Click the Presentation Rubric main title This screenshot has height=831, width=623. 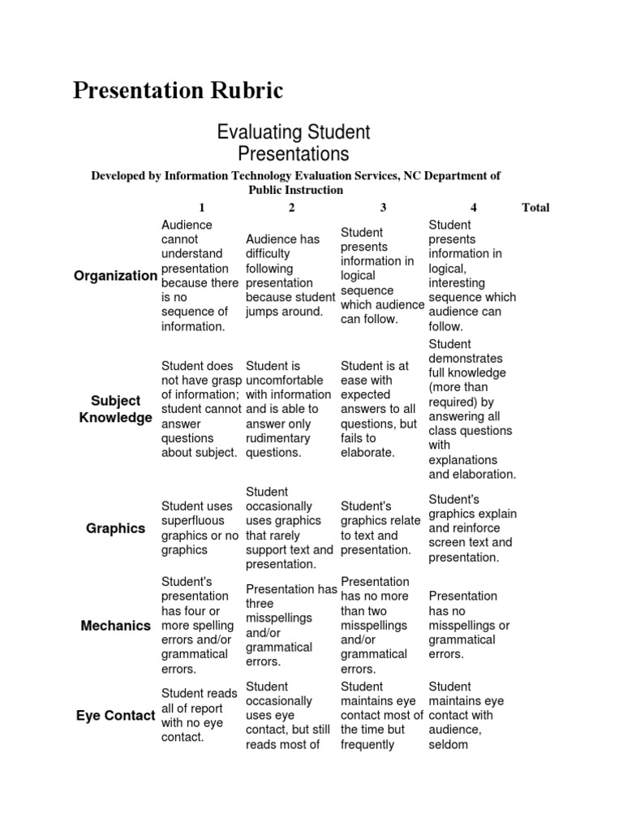178,91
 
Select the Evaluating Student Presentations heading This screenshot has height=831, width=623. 293,142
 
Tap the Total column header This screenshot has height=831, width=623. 535,208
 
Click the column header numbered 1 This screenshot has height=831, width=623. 201,208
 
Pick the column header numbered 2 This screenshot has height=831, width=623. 291,208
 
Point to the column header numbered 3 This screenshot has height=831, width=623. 383,208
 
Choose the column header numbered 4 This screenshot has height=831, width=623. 473,208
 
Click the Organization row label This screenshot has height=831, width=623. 115,276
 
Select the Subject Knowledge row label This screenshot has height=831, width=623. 115,409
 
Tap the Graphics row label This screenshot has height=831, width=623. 115,528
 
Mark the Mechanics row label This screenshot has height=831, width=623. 115,626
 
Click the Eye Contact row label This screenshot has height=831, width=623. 115,716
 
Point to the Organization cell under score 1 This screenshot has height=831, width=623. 200,276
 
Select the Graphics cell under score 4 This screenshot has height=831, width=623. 472,528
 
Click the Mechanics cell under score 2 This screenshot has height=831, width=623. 290,626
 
